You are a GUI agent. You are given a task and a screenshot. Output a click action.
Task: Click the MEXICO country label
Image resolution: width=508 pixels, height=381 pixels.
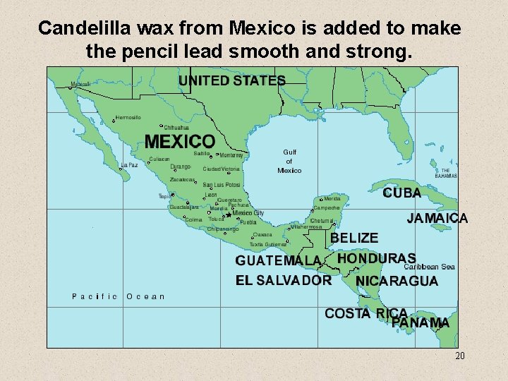[180, 141]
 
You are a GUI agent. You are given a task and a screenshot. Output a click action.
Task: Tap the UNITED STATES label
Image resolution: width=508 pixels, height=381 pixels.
[231, 80]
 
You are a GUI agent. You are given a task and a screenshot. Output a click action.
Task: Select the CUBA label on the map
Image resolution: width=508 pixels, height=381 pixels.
[402, 193]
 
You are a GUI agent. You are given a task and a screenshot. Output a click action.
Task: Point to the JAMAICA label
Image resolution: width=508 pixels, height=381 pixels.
[437, 219]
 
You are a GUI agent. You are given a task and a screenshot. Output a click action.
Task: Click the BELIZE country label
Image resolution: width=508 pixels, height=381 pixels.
[354, 238]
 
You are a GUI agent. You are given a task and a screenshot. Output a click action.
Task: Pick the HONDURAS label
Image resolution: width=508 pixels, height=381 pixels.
[376, 259]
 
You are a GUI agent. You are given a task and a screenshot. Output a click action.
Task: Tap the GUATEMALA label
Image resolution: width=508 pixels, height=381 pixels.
[278, 260]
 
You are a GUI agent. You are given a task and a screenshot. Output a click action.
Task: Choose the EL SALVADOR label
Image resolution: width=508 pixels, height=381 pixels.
[284, 280]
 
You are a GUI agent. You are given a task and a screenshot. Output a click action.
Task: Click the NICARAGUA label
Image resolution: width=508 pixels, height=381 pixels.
[397, 281]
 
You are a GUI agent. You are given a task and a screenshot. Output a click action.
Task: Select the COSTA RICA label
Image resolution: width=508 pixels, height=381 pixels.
[365, 313]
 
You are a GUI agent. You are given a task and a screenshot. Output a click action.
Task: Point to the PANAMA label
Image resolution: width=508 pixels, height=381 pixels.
[421, 322]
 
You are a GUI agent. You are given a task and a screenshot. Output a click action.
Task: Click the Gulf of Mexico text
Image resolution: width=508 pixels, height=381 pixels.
[289, 161]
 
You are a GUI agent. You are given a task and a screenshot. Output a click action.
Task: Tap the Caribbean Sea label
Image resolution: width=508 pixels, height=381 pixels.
[430, 267]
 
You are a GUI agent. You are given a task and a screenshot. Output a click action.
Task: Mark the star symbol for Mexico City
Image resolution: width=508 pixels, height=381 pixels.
[228, 216]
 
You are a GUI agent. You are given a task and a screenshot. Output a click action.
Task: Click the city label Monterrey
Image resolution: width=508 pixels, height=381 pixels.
[231, 155]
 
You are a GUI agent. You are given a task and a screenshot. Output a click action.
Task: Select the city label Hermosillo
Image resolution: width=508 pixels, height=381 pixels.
[128, 117]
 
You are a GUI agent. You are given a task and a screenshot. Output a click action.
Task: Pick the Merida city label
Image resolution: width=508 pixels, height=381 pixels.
[332, 199]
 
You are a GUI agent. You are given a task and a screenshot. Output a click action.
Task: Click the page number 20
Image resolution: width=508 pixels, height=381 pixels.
[459, 356]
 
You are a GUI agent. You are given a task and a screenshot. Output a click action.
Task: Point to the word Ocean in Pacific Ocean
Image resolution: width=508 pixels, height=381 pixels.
[145, 296]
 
